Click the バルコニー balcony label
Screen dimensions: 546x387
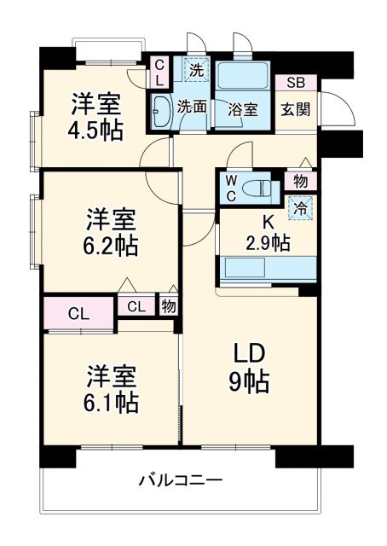click(x=180, y=480)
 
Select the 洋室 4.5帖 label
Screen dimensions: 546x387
click(x=95, y=117)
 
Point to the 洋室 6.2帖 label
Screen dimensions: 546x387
click(x=112, y=232)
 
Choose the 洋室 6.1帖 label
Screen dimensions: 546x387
click(x=112, y=388)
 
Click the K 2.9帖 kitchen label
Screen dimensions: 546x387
click(x=268, y=233)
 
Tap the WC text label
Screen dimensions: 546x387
click(x=230, y=187)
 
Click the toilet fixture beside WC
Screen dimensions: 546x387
click(x=256, y=188)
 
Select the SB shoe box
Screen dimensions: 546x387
click(x=296, y=83)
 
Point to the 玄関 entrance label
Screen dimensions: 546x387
click(x=296, y=109)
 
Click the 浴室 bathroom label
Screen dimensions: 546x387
click(x=242, y=109)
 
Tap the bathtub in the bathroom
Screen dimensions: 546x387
click(x=242, y=76)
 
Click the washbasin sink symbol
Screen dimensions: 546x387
click(x=160, y=108)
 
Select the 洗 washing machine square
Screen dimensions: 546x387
click(x=193, y=70)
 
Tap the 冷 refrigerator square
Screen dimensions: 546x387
click(x=299, y=206)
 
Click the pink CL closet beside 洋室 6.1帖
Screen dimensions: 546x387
click(x=78, y=313)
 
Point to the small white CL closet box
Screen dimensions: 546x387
click(x=136, y=307)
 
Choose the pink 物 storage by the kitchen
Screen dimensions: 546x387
click(x=300, y=181)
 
